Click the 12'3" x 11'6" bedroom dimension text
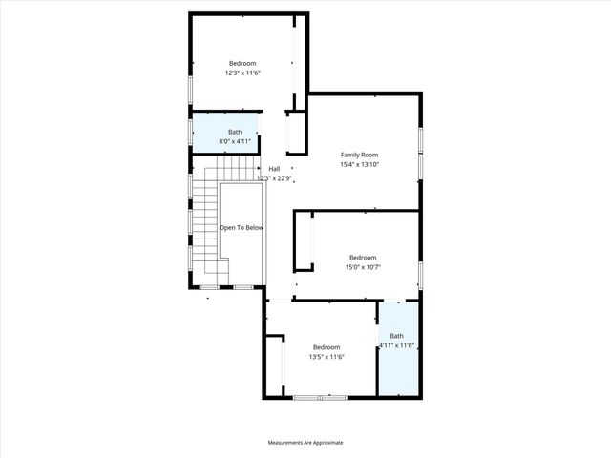pyautogui.click(x=242, y=73)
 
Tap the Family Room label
pyautogui.click(x=360, y=155)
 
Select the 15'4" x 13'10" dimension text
pyautogui.click(x=360, y=164)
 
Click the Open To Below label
pyautogui.click(x=242, y=228)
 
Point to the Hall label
pyautogui.click(x=274, y=169)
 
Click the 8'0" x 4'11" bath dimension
pyautogui.click(x=235, y=141)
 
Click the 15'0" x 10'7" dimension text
pyautogui.click(x=363, y=267)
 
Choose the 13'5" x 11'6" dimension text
pyautogui.click(x=327, y=357)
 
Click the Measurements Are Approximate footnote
pyautogui.click(x=305, y=443)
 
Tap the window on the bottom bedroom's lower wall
pyautogui.click(x=321, y=397)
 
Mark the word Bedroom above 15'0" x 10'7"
pyautogui.click(x=363, y=258)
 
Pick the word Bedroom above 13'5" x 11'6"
pyautogui.click(x=327, y=347)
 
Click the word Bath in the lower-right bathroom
pyautogui.click(x=396, y=336)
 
